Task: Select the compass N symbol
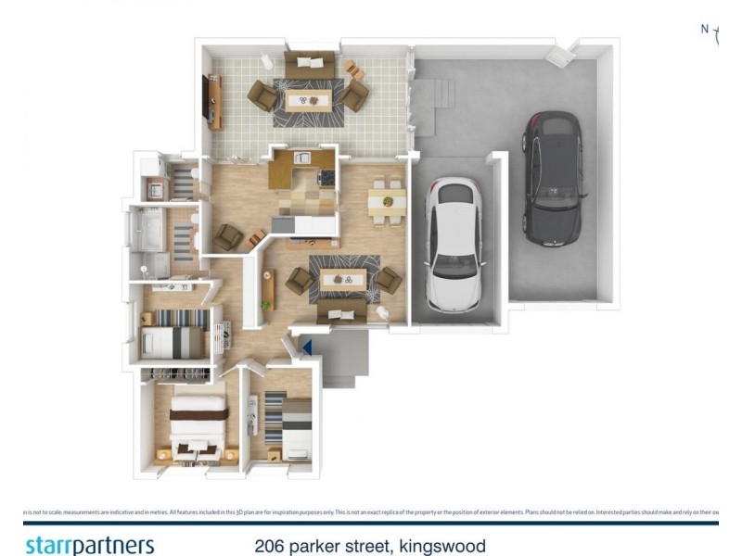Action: coord(705,30)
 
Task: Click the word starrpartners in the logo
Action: coord(89,545)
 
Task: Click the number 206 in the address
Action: coord(270,546)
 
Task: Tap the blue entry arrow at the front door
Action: coord(306,347)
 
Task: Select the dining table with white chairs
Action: coord(387,201)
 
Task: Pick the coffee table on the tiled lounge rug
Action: coord(307,98)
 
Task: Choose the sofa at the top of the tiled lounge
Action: coord(310,65)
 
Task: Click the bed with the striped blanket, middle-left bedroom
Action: coord(173,334)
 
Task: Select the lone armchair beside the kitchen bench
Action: coord(227,237)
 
